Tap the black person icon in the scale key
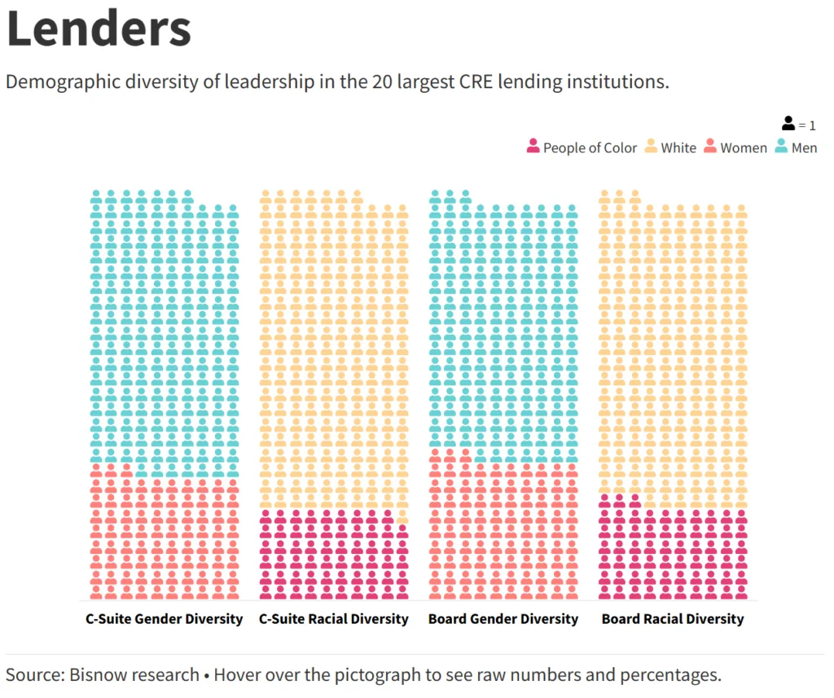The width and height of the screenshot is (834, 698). (x=788, y=124)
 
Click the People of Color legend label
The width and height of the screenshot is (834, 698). (x=590, y=147)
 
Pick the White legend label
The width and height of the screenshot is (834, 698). (x=678, y=147)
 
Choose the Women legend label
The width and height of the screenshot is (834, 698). (x=743, y=147)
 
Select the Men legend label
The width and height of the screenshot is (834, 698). (x=804, y=147)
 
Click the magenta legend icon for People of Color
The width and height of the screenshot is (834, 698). (x=533, y=147)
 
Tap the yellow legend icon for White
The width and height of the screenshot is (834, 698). (x=652, y=147)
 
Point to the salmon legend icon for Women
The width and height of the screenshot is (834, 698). (x=710, y=147)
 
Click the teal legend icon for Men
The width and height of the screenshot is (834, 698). (x=782, y=147)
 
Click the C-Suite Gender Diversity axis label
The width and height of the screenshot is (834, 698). (x=165, y=619)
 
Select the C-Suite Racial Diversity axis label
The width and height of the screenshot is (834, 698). (x=334, y=619)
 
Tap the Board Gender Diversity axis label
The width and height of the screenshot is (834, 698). (x=503, y=619)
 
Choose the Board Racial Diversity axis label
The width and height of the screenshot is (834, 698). (x=673, y=619)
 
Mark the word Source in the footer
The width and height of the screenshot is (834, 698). (x=33, y=674)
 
